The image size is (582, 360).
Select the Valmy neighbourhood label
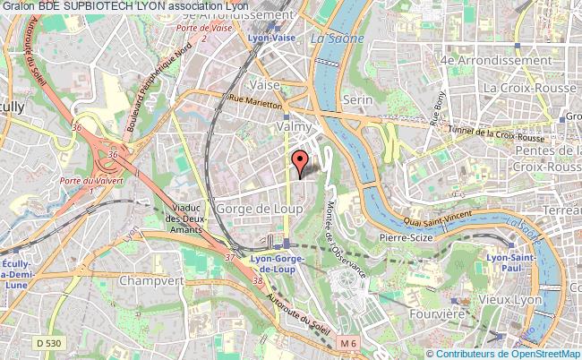click(295, 127)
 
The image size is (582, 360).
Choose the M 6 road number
click(347, 343)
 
